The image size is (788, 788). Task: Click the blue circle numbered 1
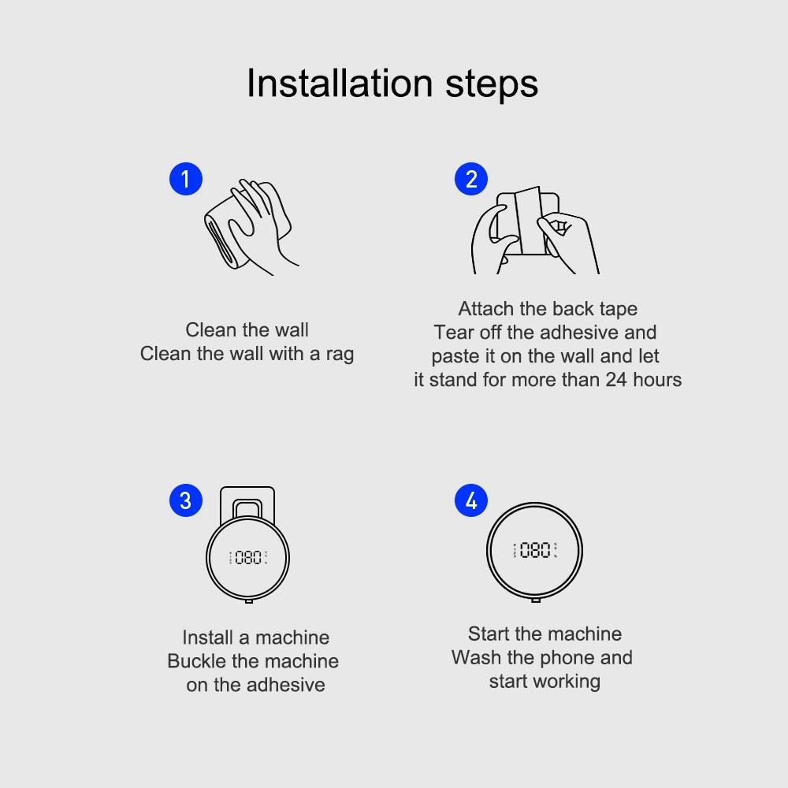point(186,179)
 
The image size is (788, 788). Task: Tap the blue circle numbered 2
point(471,179)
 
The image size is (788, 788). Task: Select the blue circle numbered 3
point(186,500)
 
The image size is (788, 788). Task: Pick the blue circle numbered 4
point(471,500)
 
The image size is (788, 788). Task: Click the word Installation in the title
point(340,84)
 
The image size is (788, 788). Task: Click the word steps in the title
point(492,84)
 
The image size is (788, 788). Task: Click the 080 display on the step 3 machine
point(248,558)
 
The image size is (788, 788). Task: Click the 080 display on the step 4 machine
point(535,551)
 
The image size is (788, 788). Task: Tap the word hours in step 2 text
point(658,380)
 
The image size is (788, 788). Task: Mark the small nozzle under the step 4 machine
point(536,600)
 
